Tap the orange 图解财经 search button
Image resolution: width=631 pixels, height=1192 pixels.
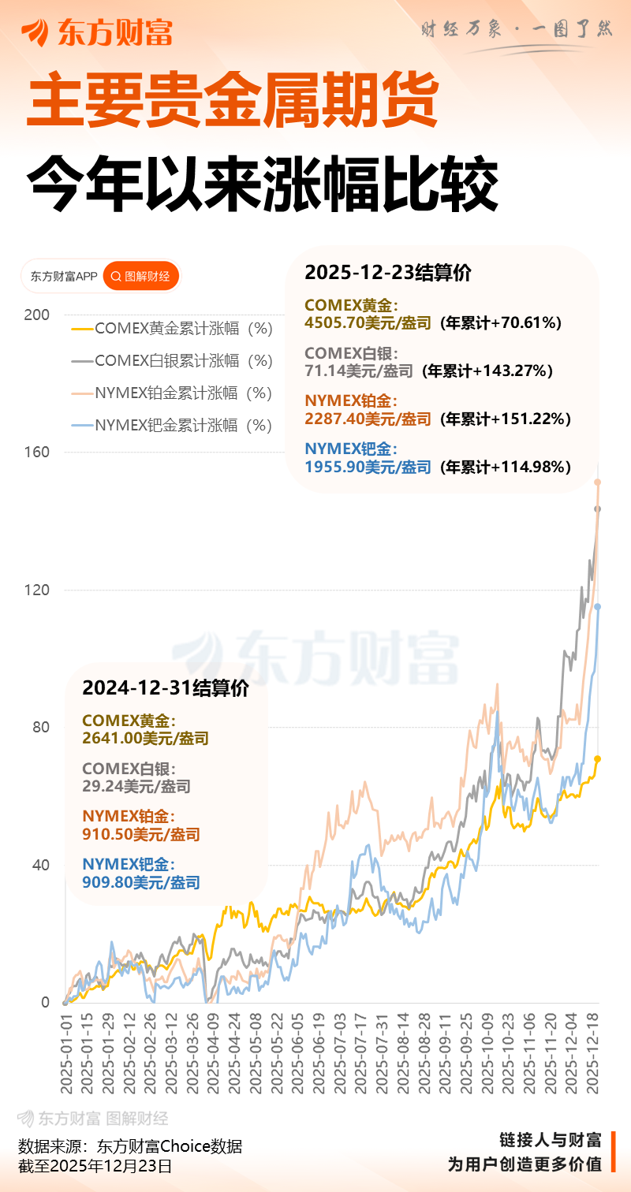(141, 277)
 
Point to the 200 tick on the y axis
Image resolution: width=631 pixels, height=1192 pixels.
(37, 315)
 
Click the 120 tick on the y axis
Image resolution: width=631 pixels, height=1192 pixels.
(37, 590)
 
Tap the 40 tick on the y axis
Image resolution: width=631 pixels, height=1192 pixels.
(39, 865)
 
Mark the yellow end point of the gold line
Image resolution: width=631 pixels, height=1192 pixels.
(598, 758)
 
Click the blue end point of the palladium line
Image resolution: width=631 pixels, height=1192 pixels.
(598, 606)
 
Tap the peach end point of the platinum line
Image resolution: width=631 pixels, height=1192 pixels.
(598, 482)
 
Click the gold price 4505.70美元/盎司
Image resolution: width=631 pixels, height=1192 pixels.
(368, 323)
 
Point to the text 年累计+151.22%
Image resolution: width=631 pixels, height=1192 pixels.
(504, 419)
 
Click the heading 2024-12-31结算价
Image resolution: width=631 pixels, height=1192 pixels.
(166, 688)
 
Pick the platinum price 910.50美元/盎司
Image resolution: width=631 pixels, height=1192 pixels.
(141, 834)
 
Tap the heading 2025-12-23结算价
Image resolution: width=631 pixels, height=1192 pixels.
(388, 273)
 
